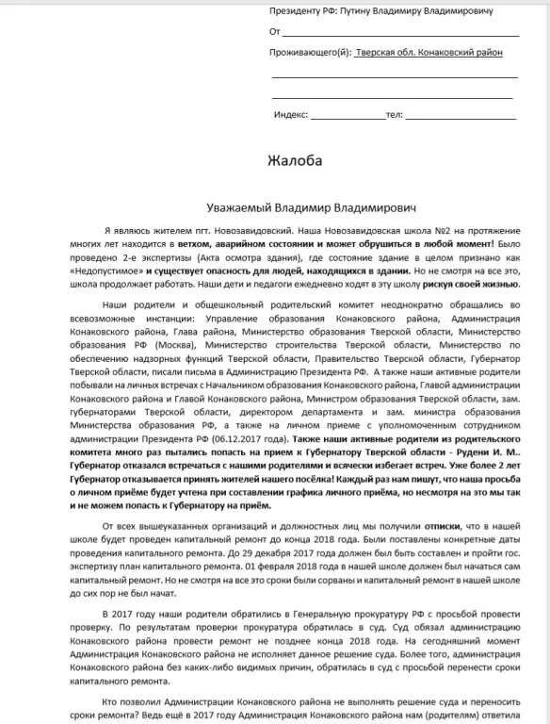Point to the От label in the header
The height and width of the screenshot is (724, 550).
pyautogui.click(x=274, y=31)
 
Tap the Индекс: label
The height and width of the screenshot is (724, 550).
pyautogui.click(x=291, y=114)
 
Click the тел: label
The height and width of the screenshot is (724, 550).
pyautogui.click(x=395, y=114)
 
